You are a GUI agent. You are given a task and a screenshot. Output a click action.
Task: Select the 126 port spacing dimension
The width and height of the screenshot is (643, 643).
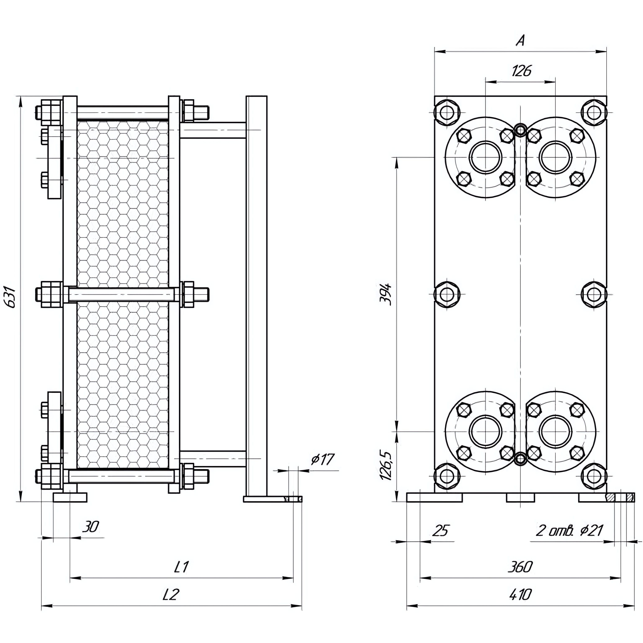click(521, 71)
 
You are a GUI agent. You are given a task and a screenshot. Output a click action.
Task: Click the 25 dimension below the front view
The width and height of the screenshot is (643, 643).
click(441, 530)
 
